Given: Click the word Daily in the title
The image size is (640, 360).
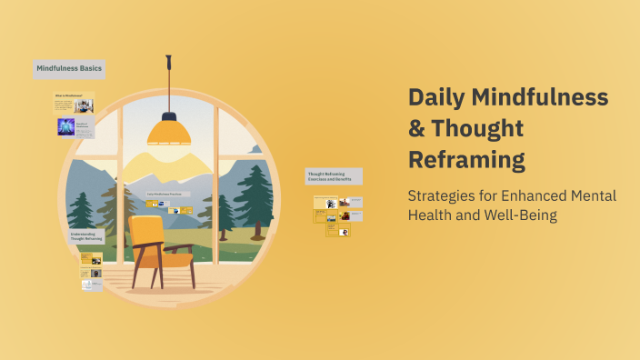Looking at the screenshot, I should pyautogui.click(x=438, y=98).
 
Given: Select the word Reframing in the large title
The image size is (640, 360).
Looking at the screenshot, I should pyautogui.click(x=466, y=160).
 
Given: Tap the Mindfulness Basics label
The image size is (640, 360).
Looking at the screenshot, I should pyautogui.click(x=69, y=68).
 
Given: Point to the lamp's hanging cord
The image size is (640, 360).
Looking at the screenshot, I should pyautogui.click(x=168, y=86).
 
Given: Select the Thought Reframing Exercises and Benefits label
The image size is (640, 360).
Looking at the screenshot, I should pyautogui.click(x=334, y=175).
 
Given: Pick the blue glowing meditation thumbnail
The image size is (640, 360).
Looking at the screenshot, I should pyautogui.click(x=65, y=126).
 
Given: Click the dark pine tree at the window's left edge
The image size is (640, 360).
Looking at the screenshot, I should pyautogui.click(x=81, y=207).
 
